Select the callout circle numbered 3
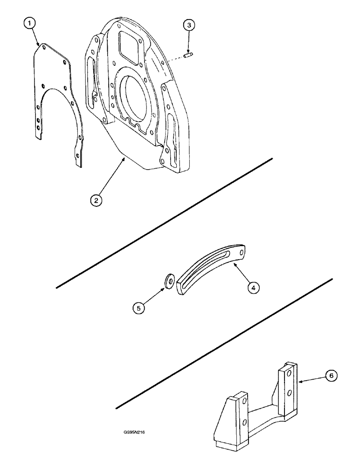(188, 26)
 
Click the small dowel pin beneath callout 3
(189, 56)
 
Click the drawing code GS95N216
(133, 432)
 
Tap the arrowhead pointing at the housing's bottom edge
(124, 159)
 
